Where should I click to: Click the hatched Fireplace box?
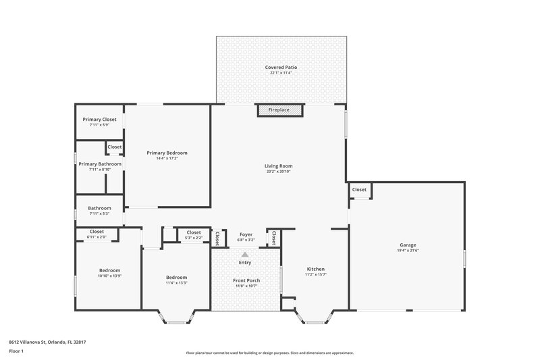(x=279, y=109)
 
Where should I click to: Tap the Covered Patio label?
(x=281, y=68)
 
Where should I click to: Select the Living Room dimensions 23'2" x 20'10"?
(x=278, y=172)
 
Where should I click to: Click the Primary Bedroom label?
(x=167, y=153)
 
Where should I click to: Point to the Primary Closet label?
(x=99, y=120)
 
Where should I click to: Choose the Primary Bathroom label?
(x=100, y=163)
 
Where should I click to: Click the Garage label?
(x=407, y=245)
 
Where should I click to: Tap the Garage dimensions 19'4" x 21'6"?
(x=407, y=251)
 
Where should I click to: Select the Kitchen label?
(x=315, y=268)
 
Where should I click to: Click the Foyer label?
(x=246, y=234)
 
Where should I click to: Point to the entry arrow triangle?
(x=245, y=253)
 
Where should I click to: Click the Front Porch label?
(x=246, y=280)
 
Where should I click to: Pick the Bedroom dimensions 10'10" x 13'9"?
(x=99, y=276)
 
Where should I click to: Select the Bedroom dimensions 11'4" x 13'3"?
(x=176, y=283)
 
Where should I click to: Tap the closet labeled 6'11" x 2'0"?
(x=97, y=237)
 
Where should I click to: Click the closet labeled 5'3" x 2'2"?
(x=194, y=238)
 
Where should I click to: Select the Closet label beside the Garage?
(x=359, y=190)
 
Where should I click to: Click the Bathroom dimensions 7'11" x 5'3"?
(x=99, y=213)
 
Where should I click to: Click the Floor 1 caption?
(x=16, y=351)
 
